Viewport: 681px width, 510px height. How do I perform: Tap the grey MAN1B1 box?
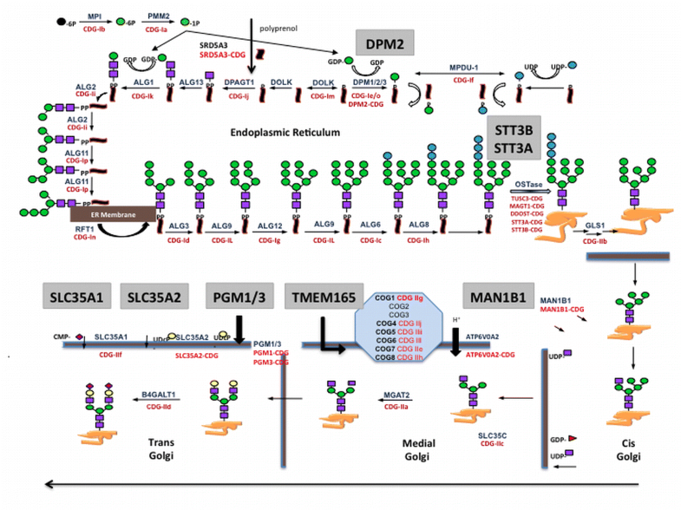(498, 297)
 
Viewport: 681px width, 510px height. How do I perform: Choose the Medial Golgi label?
(406, 457)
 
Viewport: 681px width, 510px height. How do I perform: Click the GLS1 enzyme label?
(595, 226)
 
